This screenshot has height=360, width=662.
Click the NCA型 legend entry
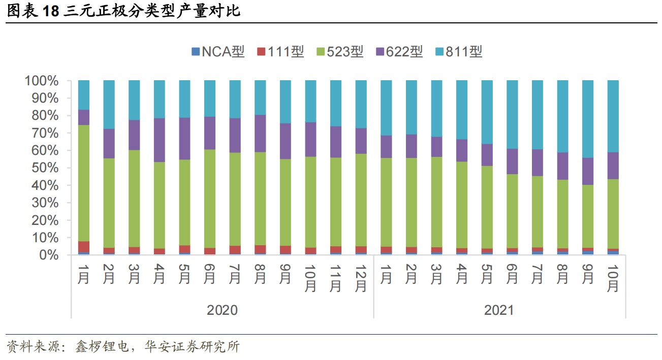coord(218,51)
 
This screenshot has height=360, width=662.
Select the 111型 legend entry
coord(280,51)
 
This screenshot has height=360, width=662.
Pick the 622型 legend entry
coord(399,51)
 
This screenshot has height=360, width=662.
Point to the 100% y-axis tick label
coord(42,81)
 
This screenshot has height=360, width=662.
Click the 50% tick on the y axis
coord(45,168)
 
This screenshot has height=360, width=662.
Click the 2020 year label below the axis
coord(222,310)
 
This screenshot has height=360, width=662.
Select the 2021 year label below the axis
coord(499,310)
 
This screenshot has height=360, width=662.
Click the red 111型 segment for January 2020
coord(84,247)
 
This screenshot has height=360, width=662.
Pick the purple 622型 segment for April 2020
coord(160,140)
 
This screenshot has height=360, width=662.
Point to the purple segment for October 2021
coord(613,166)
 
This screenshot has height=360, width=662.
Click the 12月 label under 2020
coord(361,278)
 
